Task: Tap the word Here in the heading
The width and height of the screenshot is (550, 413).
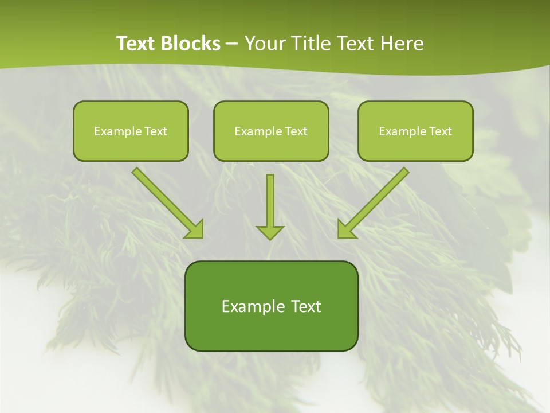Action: [x=403, y=44]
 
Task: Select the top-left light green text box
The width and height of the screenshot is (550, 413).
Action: [x=131, y=131]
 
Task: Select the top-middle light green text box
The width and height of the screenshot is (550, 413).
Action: [x=271, y=131]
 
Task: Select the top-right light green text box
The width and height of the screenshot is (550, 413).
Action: [x=415, y=131]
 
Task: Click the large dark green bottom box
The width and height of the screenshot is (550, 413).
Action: [x=271, y=306]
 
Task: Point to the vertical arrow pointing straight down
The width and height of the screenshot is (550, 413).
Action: [x=270, y=204]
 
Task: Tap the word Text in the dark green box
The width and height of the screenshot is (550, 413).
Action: [x=306, y=306]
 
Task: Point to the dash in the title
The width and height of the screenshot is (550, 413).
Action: [x=232, y=44]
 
